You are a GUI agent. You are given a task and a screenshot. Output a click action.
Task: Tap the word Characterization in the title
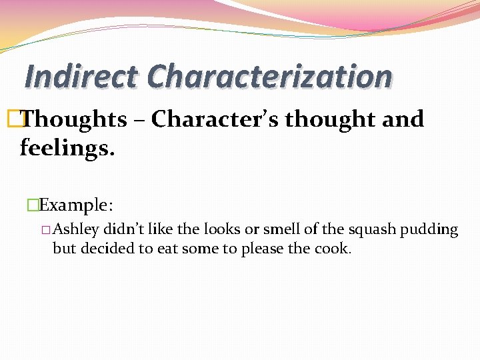click(x=269, y=76)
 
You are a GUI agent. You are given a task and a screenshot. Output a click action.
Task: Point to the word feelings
click(x=67, y=147)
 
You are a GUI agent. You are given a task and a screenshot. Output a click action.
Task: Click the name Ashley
click(x=76, y=230)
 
